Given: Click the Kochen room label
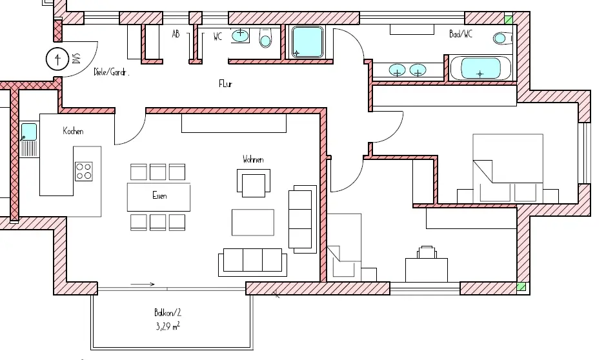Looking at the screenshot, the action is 73,131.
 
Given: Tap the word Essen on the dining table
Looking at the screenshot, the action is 159,195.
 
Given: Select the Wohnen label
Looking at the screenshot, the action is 253,159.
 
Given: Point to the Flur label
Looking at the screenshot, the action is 225,84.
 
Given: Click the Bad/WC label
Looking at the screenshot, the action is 461,34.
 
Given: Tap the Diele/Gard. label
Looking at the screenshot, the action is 112,72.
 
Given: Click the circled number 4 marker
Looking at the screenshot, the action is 59,59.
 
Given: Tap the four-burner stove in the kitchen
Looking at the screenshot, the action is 84,171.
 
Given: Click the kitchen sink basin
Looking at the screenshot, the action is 29,132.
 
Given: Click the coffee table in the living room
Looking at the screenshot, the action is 252,223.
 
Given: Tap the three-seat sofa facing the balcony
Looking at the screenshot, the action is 252,261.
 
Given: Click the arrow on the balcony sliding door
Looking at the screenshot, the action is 143,283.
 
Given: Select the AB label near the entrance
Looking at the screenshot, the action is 176,34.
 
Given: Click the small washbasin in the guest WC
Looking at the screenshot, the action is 241,35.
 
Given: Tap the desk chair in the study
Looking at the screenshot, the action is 426,251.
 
